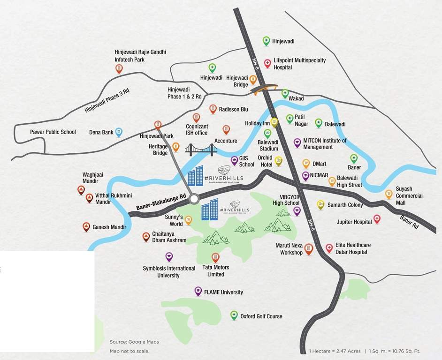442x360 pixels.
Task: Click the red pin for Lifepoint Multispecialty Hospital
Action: tap(267, 62)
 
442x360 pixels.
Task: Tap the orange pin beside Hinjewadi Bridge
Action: tap(253, 79)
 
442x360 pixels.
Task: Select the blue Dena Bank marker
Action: tap(119, 132)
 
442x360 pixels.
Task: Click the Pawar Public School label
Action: tap(53, 132)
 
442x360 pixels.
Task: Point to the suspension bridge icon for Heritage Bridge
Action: tap(201, 150)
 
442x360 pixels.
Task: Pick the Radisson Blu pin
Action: tap(213, 109)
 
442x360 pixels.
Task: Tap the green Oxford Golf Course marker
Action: tap(234, 315)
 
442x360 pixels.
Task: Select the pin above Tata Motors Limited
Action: tap(215, 257)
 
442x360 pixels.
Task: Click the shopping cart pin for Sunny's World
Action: tap(189, 219)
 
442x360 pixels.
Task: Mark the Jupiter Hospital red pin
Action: tap(376, 219)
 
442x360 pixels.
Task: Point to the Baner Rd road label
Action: tap(410, 221)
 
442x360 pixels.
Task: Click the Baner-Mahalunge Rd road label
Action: tap(161, 201)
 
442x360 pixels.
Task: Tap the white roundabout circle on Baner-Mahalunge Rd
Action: tap(194, 200)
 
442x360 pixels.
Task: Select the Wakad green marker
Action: tap(285, 93)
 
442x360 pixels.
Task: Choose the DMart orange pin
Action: tap(306, 163)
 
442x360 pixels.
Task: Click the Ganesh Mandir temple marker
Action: tap(86, 227)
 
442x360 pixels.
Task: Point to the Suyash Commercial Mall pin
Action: tap(389, 194)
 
